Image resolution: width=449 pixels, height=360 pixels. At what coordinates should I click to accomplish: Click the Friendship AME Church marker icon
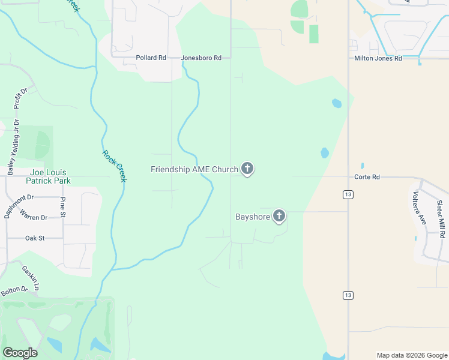pyautogui.click(x=247, y=169)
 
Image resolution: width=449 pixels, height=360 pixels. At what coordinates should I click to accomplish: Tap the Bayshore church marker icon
pyautogui.click(x=279, y=215)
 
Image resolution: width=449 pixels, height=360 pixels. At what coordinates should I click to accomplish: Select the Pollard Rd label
pyautogui.click(x=151, y=58)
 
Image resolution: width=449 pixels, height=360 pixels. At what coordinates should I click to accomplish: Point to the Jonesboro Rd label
pyautogui.click(x=202, y=58)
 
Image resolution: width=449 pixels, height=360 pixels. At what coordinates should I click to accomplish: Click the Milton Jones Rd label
pyautogui.click(x=377, y=58)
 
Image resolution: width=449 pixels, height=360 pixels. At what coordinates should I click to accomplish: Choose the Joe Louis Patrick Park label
pyautogui.click(x=50, y=176)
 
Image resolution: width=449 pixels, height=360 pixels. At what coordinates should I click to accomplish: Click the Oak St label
pyautogui.click(x=35, y=238)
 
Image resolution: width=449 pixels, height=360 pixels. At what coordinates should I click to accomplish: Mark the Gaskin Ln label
pyautogui.click(x=31, y=278)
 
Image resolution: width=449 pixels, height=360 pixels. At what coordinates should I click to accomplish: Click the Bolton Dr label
pyautogui.click(x=14, y=291)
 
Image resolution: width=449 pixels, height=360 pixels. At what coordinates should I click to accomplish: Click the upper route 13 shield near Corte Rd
pyautogui.click(x=348, y=194)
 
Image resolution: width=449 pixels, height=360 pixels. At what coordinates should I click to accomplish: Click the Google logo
pyautogui.click(x=20, y=353)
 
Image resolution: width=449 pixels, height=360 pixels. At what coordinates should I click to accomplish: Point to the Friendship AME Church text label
pyautogui.click(x=194, y=170)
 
